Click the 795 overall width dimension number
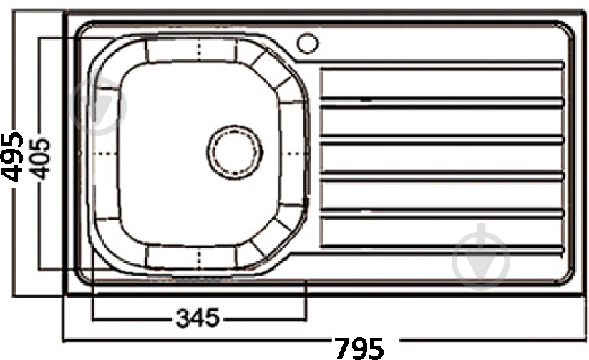pos(359,347)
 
